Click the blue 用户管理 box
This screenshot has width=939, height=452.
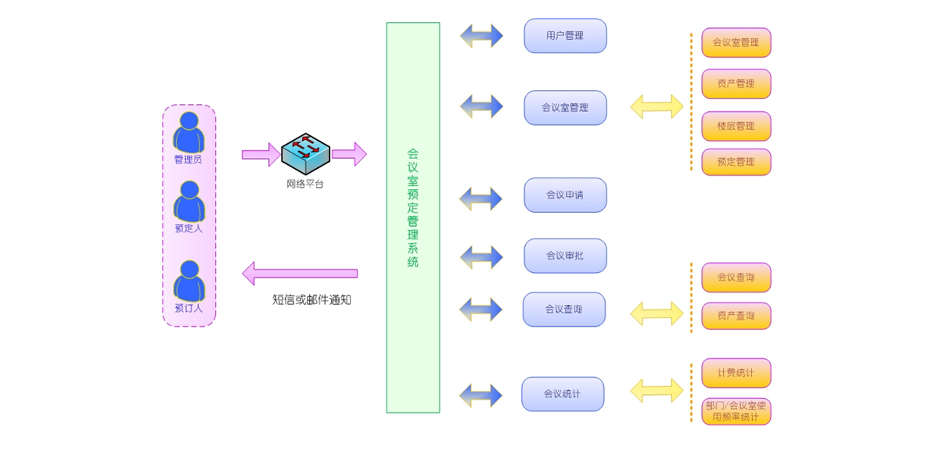[x=565, y=36]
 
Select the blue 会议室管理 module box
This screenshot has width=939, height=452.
[x=565, y=108]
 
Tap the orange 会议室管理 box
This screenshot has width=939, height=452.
[x=736, y=43]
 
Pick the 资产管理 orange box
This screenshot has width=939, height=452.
[x=736, y=84]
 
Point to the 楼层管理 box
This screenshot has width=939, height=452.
[x=736, y=126]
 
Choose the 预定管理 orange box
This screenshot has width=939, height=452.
[x=736, y=162]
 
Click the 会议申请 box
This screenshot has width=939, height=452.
[x=565, y=195]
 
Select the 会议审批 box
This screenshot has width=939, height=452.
[x=565, y=256]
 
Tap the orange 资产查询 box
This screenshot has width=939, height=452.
[x=736, y=316]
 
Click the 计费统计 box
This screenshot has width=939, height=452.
[x=736, y=373]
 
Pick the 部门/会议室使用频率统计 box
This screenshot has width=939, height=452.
[x=736, y=411]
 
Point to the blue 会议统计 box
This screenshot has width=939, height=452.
[x=563, y=394]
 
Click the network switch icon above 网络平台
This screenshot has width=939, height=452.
[x=305, y=153]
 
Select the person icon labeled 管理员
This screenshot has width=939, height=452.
[x=189, y=132]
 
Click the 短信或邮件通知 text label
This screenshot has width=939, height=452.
[x=311, y=300]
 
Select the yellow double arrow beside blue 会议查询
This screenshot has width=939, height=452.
[x=657, y=314]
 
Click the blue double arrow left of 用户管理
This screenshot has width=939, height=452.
[x=481, y=36]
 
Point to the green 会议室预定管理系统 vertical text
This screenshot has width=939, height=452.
[x=412, y=208]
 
